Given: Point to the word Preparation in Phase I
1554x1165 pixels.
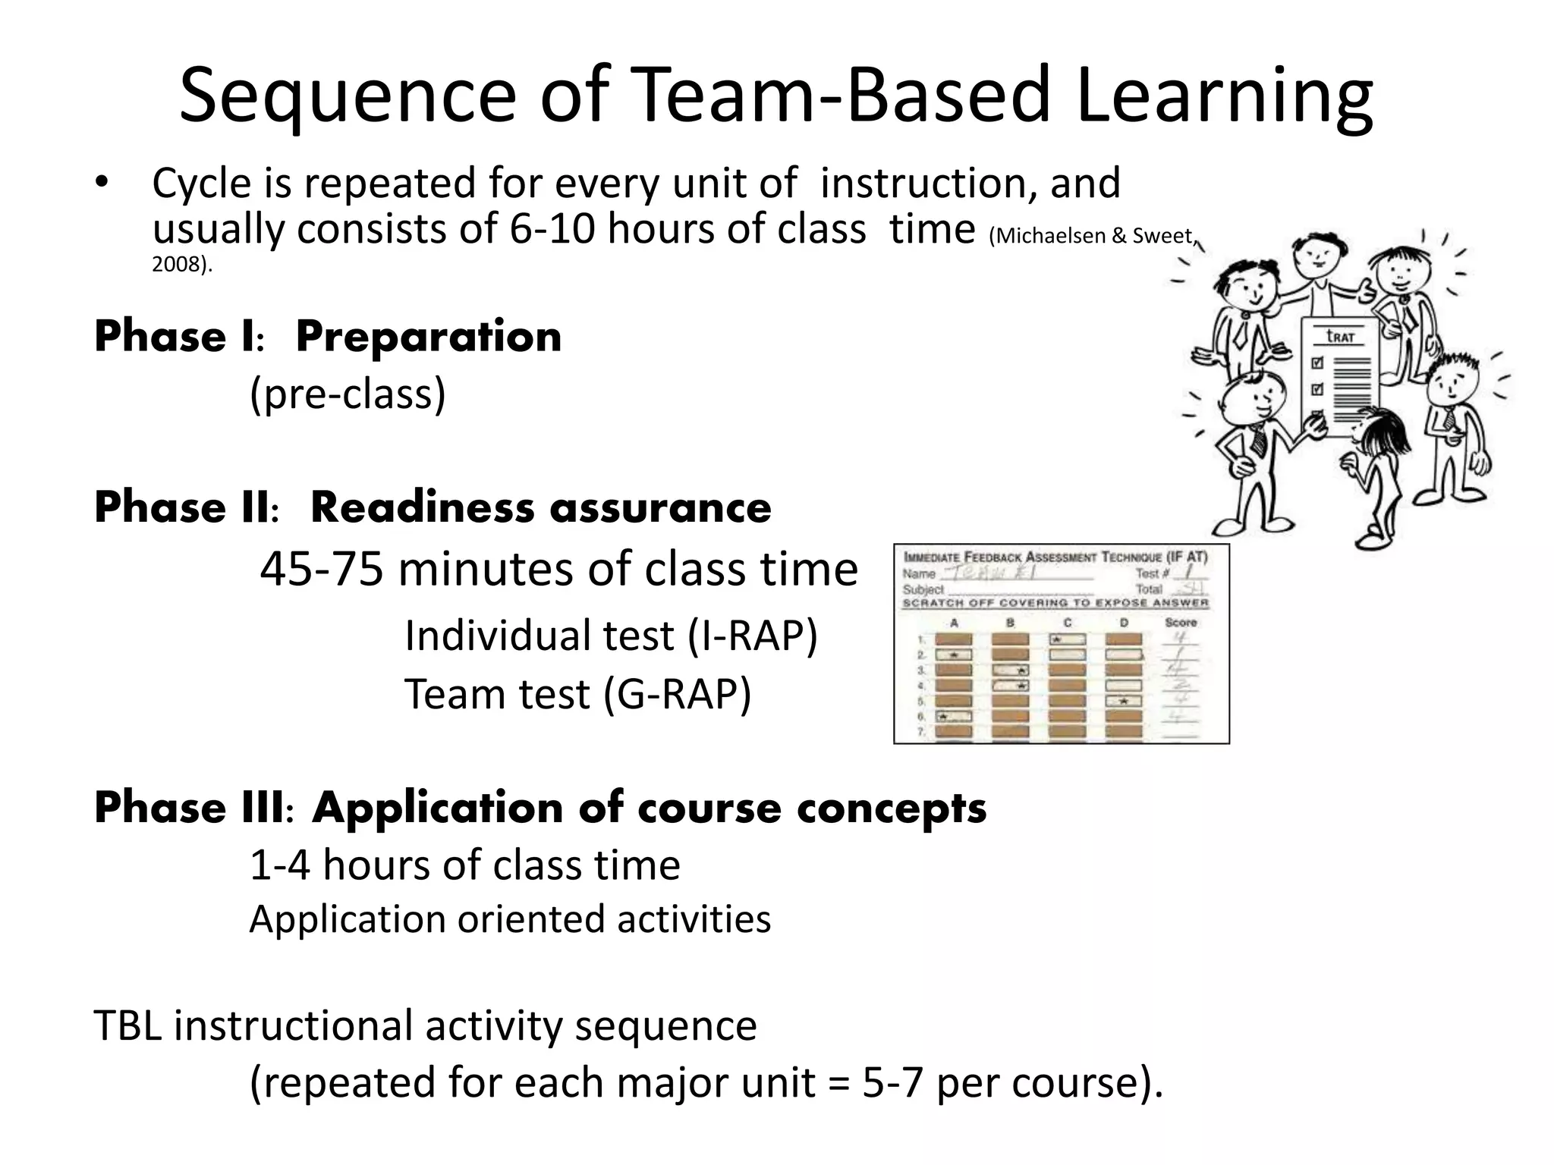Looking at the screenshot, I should [429, 337].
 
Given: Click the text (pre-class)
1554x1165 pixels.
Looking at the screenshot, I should [348, 394].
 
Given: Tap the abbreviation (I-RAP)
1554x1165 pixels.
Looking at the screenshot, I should [752, 636].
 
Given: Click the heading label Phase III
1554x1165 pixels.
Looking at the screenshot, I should [190, 808].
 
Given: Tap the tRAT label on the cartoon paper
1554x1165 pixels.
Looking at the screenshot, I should [1340, 336].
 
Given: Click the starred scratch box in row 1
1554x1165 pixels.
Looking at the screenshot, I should [1067, 639].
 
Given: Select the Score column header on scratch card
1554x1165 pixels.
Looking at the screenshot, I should [1181, 622].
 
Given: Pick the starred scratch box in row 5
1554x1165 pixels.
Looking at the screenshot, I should [1124, 701].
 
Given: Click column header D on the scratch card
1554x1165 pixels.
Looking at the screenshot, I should [1124, 623].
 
